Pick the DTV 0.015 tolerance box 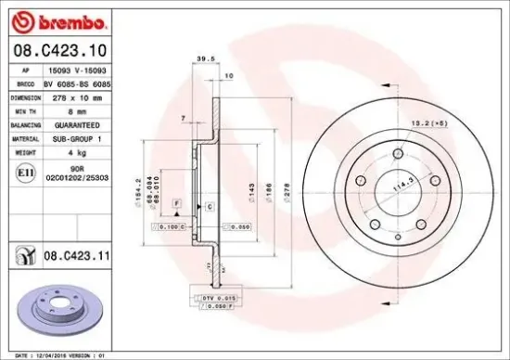tap(214, 296)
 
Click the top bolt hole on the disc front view tap(399, 153)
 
